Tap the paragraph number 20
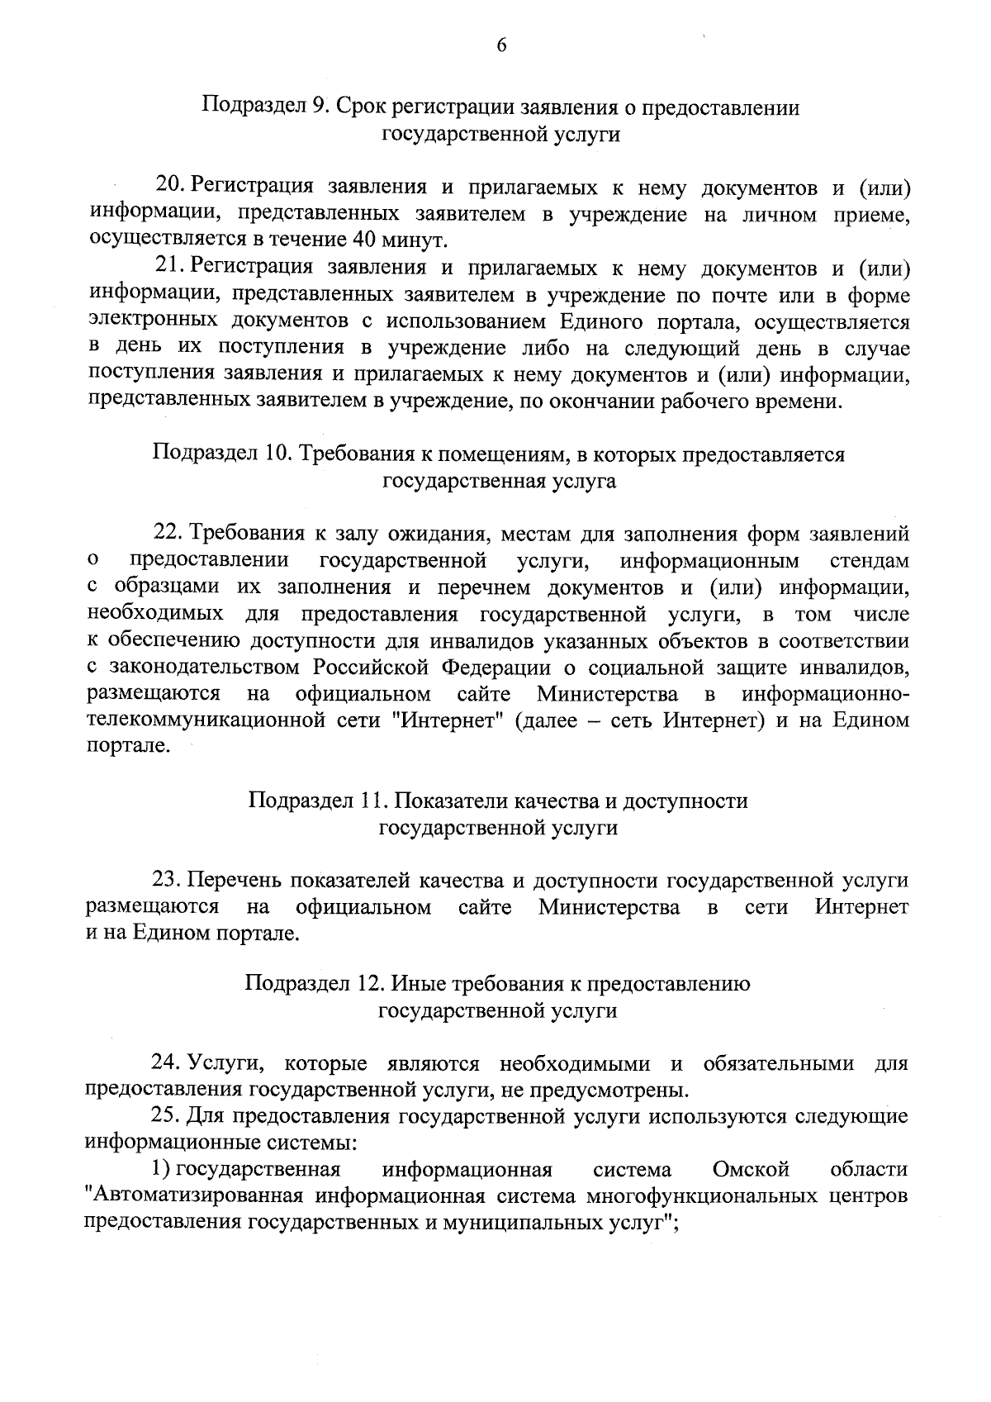pyautogui.click(x=168, y=189)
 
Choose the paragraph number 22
pyautogui.click(x=168, y=534)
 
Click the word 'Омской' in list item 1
pyautogui.click(x=751, y=1170)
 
